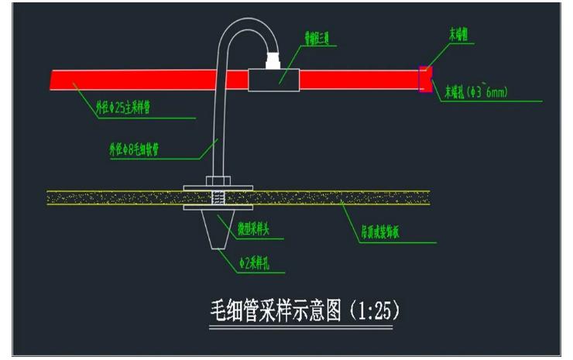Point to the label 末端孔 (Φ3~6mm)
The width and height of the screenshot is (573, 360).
pos(475,93)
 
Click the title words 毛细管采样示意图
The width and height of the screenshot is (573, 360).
pos(276,312)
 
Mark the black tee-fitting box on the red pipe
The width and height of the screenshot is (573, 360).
pos(273,78)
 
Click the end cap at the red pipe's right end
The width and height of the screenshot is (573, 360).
pos(424,79)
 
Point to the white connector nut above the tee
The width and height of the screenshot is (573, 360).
pos(273,59)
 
